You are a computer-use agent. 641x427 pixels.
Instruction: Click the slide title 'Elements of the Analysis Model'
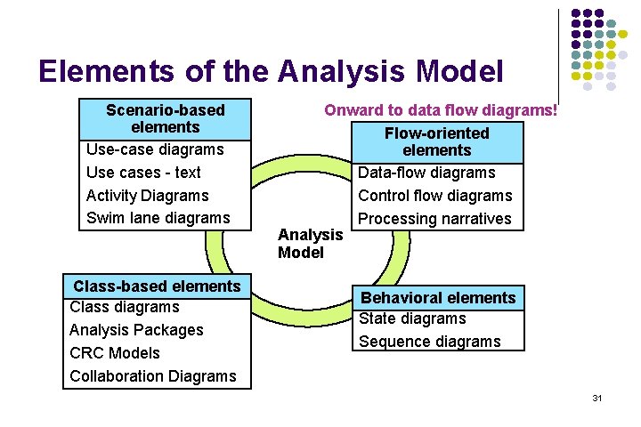point(271,70)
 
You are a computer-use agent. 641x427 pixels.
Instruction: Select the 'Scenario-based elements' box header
point(165,118)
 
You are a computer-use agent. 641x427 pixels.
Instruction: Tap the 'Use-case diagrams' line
point(155,149)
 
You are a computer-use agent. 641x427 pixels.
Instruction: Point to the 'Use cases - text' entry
point(143,173)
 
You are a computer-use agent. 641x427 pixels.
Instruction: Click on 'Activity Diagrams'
point(147,196)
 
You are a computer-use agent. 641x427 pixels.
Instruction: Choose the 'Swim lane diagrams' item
point(158,218)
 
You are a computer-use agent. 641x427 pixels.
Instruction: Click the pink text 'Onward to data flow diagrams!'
point(441,110)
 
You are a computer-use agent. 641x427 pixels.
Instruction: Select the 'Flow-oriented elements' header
point(436,141)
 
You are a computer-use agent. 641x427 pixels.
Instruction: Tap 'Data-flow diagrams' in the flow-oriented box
point(426,173)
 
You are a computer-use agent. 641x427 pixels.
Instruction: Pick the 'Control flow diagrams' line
point(434,196)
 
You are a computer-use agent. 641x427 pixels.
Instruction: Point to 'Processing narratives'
point(434,219)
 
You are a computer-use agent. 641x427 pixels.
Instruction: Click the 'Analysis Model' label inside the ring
point(310,243)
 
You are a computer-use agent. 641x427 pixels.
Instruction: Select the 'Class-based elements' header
point(157,286)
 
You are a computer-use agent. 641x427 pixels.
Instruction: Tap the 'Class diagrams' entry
point(124,307)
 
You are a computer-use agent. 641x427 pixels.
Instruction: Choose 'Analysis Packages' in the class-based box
point(136,330)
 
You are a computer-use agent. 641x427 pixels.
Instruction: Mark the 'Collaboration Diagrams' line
point(153,376)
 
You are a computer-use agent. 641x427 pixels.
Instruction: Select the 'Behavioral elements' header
point(437,298)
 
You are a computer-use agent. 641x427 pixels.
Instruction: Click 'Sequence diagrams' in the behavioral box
point(429,342)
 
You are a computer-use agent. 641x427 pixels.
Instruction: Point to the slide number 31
point(597,398)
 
